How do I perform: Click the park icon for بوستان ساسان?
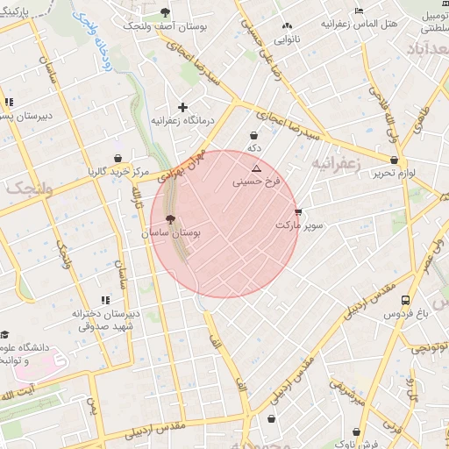pos(169,220)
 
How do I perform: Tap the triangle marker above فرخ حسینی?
pos(256,167)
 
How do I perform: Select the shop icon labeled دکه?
pos(254,136)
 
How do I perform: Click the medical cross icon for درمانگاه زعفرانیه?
pos(182,106)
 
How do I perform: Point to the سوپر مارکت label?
pos(299,225)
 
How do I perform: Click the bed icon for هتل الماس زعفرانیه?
pos(358,11)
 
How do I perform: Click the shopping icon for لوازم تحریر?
pos(394,160)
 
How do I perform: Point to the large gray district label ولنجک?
pos(30,189)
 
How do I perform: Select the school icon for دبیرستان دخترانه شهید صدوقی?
pos(106,300)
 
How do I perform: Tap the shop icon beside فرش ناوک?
pos(355,431)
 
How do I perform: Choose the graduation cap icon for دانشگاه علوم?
pos(5,334)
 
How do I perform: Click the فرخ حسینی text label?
pos(255,182)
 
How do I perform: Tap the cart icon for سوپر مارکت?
pos(299,212)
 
